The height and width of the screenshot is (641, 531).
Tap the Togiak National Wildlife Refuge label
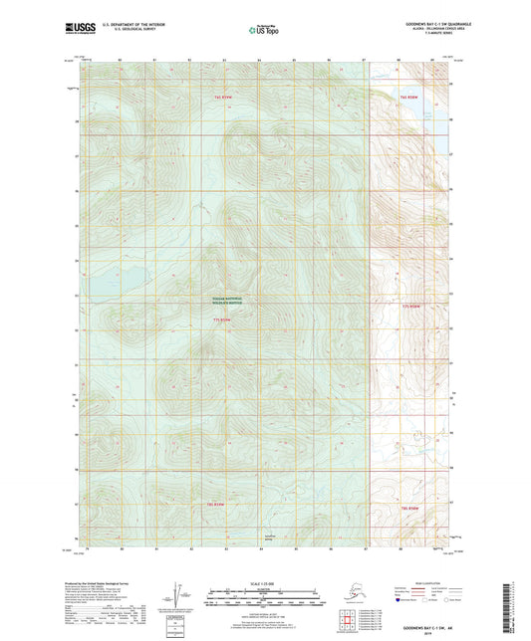click(x=224, y=298)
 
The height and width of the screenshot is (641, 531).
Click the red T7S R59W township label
click(x=224, y=320)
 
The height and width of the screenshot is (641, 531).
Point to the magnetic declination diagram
click(x=179, y=593)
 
